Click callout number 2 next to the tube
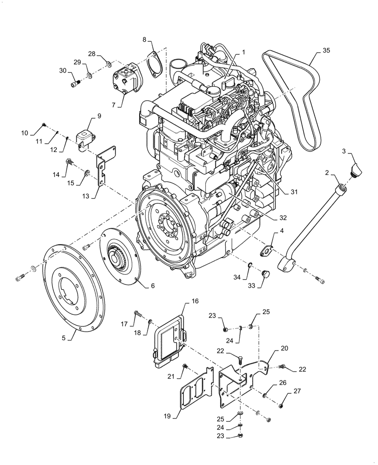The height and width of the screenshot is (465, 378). pos(327,173)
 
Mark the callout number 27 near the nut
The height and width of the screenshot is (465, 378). pos(297,392)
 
